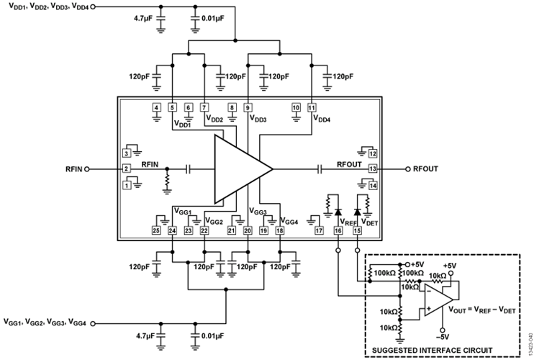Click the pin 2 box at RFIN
(127, 169)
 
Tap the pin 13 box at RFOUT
(373, 169)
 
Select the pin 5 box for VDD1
(173, 108)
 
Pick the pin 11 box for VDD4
(312, 108)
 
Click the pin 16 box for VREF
(338, 230)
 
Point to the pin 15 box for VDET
(358, 230)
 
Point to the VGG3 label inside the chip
(258, 212)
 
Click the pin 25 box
(156, 230)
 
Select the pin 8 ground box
(232, 108)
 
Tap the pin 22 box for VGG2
(205, 230)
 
